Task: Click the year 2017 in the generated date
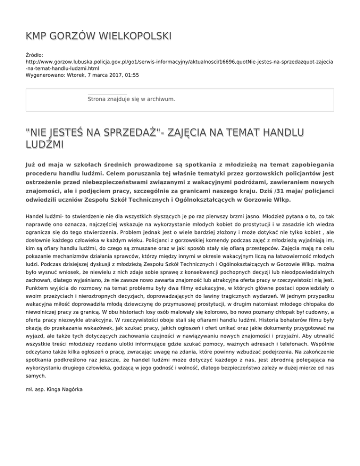[x=111, y=75]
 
